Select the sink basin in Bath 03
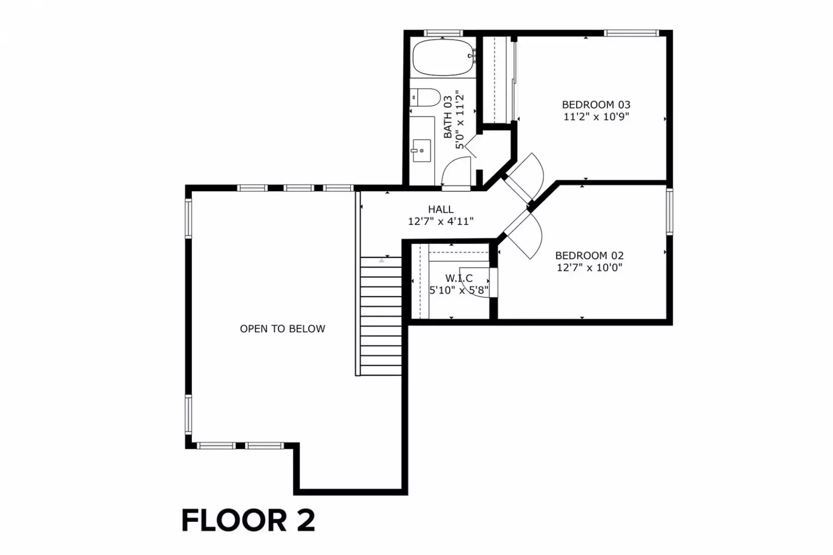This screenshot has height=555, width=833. click(x=421, y=150)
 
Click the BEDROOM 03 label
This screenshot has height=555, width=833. click(x=596, y=105)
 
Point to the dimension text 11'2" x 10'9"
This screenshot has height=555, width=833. click(x=596, y=117)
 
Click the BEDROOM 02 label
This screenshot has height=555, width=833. click(x=589, y=255)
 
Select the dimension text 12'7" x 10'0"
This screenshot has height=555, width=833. click(x=589, y=268)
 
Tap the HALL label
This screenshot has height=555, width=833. click(x=441, y=209)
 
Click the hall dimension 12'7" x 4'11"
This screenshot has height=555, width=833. click(x=441, y=221)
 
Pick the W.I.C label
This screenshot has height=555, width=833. click(x=459, y=278)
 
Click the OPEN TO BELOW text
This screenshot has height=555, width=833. click(x=282, y=329)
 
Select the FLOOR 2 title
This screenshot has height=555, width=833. click(x=248, y=520)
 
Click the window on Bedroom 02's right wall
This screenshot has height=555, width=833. click(x=669, y=211)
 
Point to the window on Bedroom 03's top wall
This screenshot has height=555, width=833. click(x=631, y=33)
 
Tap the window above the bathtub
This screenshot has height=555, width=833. click(x=443, y=33)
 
